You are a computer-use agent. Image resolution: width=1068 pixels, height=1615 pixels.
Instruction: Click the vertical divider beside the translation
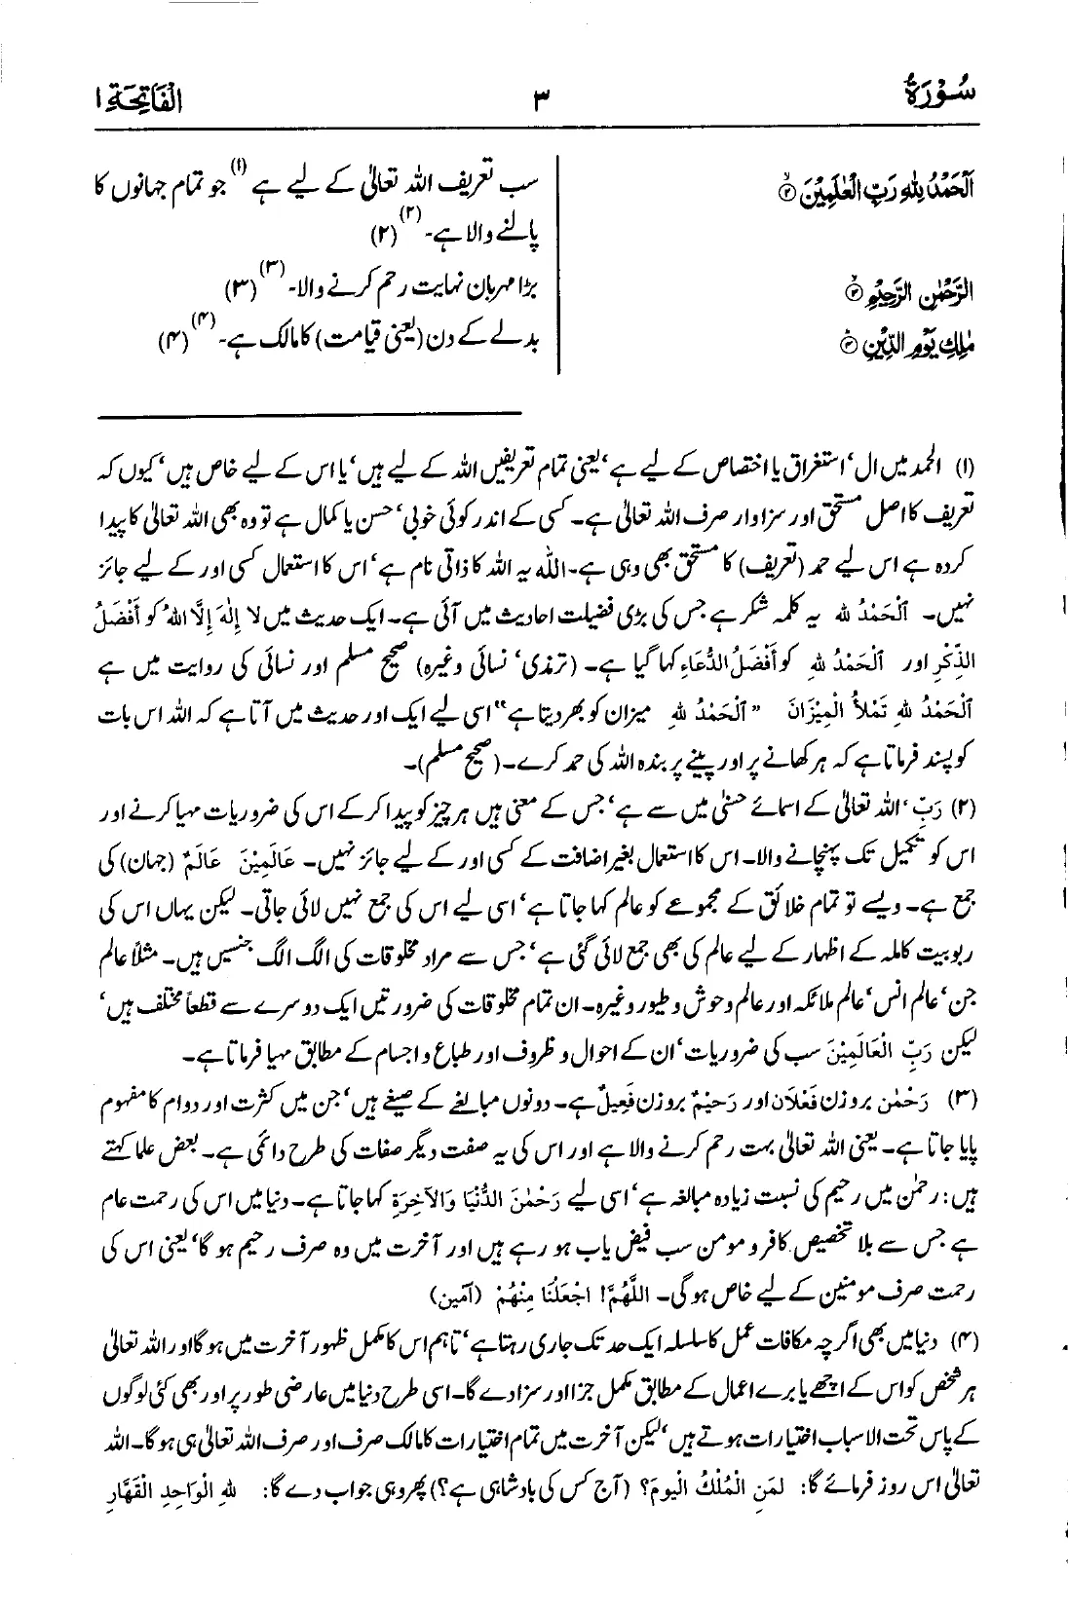558,263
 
